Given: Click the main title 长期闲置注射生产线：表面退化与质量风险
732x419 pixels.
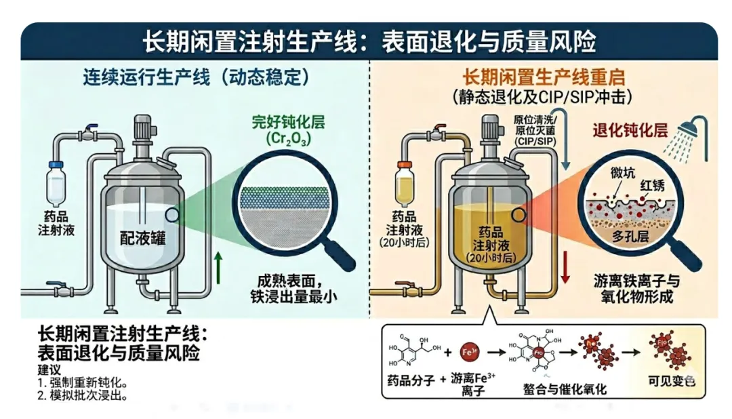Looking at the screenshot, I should pos(369,43).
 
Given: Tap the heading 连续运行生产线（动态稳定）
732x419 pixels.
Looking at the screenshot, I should pos(196,77).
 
